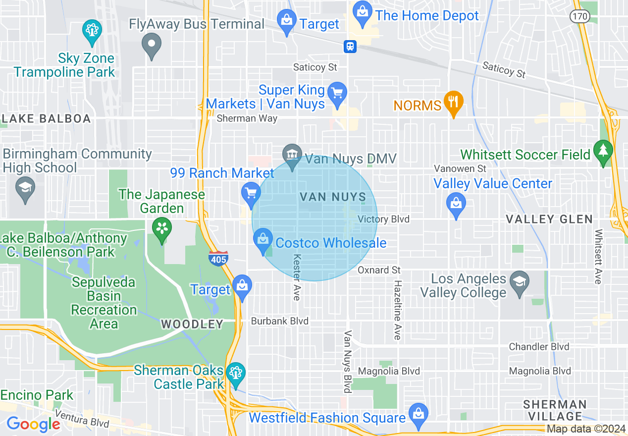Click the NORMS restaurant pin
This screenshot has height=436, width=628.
point(453,103)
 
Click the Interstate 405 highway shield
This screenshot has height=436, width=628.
point(218,258)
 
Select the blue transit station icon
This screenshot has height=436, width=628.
point(350,47)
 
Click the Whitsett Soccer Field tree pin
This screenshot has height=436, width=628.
point(603,151)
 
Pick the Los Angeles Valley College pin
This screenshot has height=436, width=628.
point(519,282)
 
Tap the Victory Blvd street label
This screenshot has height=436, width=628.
point(383,219)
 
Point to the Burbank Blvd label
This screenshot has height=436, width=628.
point(280,321)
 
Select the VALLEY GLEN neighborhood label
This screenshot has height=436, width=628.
point(549,219)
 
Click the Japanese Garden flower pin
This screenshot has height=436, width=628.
point(161,229)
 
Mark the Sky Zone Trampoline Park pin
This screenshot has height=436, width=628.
point(92,31)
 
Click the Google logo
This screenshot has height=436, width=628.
point(33,424)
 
